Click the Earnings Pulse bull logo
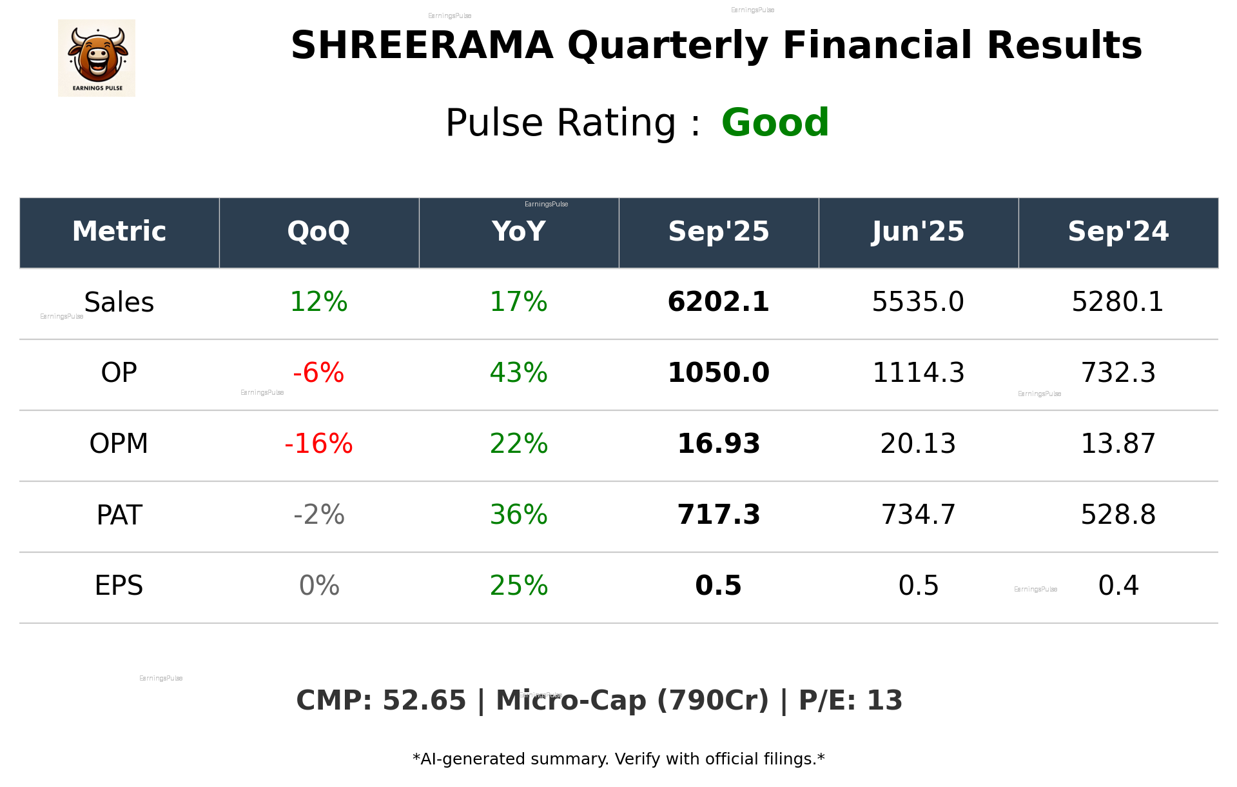coord(97,57)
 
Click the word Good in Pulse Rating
coord(775,123)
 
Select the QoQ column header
coord(318,232)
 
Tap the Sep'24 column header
coord(1118,232)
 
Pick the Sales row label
coord(119,302)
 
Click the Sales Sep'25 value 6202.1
coord(718,302)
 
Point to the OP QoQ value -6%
coord(318,373)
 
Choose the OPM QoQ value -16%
coord(318,444)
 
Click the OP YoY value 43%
coord(518,373)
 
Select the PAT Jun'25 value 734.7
coord(918,515)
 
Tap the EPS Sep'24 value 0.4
coord(1118,586)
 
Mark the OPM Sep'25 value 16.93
coord(718,444)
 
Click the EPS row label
coord(119,586)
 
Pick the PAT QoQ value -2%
coord(318,515)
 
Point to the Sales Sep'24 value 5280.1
coord(1118,302)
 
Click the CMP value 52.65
coord(424,701)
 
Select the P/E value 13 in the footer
coord(884,701)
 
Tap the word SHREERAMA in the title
coord(422,45)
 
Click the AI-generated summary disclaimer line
coord(618,759)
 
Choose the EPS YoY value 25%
coord(518,586)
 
